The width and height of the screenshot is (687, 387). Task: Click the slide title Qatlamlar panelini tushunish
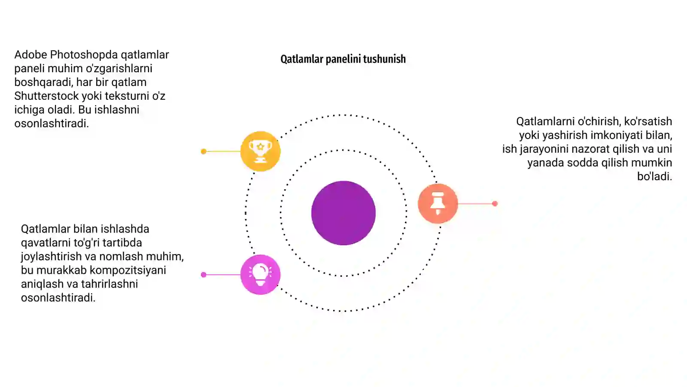pos(343,59)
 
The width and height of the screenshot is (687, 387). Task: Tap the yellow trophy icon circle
pos(260,151)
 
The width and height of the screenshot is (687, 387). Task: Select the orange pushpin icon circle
pos(438,203)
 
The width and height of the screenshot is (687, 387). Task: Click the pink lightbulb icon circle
pos(260,275)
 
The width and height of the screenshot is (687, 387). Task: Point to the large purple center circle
pos(343,213)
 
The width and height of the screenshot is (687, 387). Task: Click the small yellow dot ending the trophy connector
pos(204,151)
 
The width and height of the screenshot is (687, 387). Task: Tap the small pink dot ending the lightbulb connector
pos(204,275)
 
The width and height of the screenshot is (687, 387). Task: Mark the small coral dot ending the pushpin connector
pos(495,204)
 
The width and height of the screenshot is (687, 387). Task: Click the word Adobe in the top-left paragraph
pos(30,55)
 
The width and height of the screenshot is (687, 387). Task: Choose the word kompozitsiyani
pos(128,270)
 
